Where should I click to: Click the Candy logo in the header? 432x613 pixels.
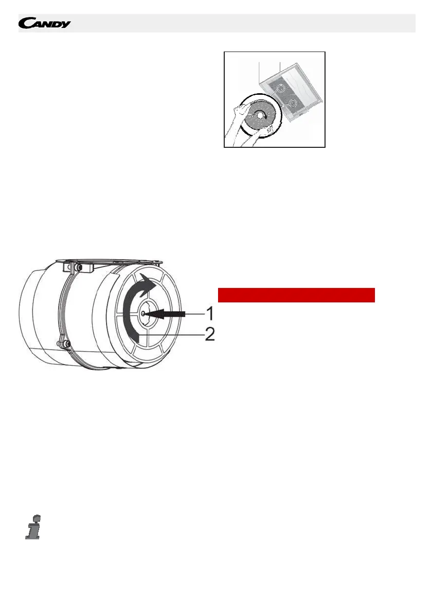point(45,24)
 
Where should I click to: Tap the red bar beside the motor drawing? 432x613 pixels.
point(296,295)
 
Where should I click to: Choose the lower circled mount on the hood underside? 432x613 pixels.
point(293,105)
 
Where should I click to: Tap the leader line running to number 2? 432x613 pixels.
point(172,335)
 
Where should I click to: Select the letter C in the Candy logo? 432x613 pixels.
point(25,24)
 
